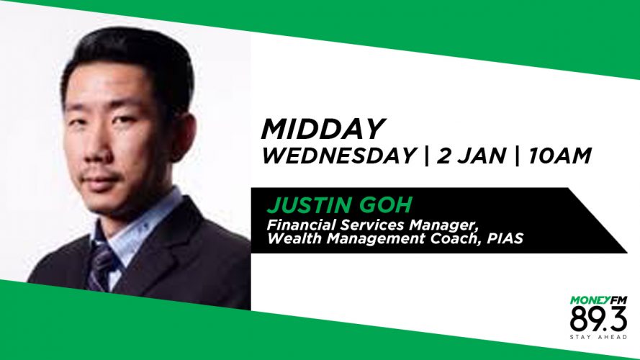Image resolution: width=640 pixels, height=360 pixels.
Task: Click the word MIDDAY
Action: (x=323, y=130)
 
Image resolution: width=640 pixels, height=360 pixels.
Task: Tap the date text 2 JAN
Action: (x=472, y=156)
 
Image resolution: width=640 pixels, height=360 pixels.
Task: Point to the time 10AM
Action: (x=560, y=156)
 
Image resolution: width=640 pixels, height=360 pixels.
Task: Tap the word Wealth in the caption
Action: (x=294, y=238)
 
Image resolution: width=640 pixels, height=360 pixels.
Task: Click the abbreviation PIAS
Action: (x=505, y=238)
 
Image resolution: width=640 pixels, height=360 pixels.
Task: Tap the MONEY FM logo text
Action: (x=598, y=300)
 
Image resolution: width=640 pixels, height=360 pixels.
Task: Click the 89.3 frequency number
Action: (x=598, y=319)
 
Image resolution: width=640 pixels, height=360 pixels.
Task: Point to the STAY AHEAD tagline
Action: (x=598, y=337)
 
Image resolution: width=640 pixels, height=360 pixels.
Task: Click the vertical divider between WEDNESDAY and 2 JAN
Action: (x=427, y=156)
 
